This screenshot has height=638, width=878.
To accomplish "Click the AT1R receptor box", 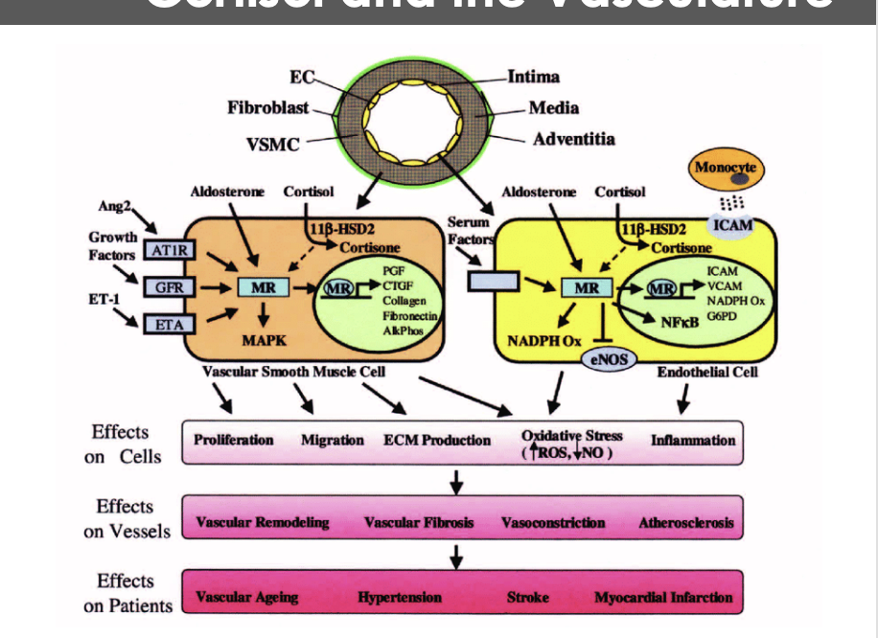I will point(164,251).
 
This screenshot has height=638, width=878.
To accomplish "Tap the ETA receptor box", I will point(164,325).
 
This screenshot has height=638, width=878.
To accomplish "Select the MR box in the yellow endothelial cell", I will point(587,287).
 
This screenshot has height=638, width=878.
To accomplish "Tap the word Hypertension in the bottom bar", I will point(400,597).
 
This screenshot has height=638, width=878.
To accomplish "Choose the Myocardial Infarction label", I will point(663,597).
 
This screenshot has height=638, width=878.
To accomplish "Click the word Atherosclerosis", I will point(686,523).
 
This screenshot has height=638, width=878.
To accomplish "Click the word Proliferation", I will point(234,440).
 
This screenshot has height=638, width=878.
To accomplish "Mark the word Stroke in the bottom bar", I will point(528,597).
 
